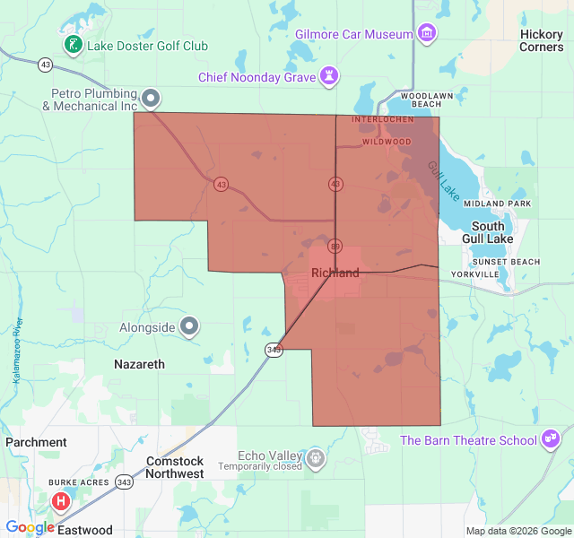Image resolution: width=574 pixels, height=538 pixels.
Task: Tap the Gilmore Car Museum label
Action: pos(354,34)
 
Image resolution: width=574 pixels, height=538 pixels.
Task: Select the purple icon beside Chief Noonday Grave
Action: pos(330,77)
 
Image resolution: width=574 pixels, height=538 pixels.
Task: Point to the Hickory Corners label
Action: pos(542,40)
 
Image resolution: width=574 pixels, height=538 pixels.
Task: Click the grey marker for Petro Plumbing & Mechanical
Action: pos(152,98)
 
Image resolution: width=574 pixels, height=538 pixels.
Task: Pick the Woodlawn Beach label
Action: pos(421,100)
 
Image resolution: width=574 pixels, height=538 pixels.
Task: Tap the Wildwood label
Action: pos(387,142)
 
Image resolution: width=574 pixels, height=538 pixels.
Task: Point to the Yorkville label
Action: pos(474,273)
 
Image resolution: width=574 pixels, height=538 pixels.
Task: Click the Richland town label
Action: pos(335,273)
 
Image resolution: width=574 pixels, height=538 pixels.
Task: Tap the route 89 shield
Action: pos(335,246)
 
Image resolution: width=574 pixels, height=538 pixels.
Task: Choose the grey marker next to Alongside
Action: pos(189,326)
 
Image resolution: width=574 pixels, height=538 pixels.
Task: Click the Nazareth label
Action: pos(140,364)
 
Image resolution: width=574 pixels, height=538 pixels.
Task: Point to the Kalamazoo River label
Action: pos(16,351)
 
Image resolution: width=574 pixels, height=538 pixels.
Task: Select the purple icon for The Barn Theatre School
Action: pos(552,439)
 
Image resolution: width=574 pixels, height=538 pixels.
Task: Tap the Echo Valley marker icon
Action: pos(316,460)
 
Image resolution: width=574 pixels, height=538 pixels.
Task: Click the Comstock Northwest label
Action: pos(175,467)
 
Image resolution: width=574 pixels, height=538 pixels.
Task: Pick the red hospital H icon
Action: pos(61,501)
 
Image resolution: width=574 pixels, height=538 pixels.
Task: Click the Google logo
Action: pos(30,527)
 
